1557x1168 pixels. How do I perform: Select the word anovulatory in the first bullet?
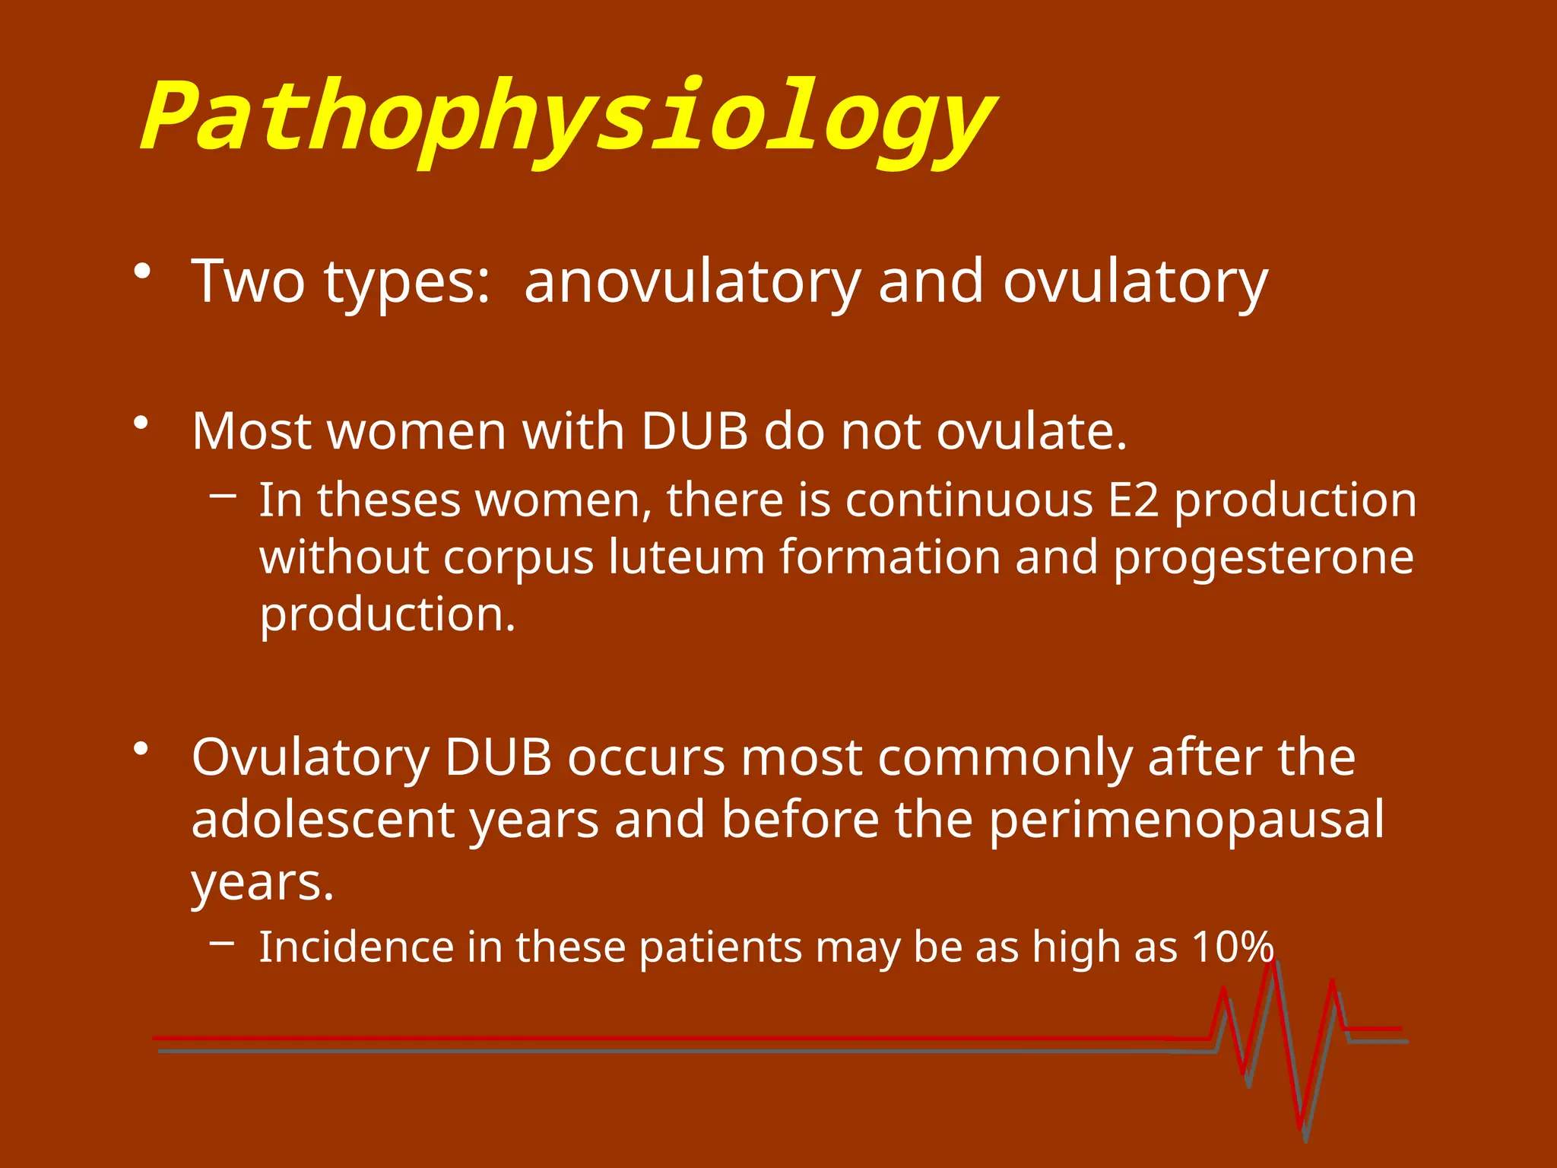[x=692, y=281]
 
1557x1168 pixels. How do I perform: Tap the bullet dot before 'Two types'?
[x=141, y=271]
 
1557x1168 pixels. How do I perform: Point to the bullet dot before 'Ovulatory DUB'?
[x=141, y=749]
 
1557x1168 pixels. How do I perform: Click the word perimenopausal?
[x=1187, y=820]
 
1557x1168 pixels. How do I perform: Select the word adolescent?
[x=323, y=819]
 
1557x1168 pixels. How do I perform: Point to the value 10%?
[x=1232, y=947]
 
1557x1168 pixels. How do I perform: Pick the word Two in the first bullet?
[x=248, y=281]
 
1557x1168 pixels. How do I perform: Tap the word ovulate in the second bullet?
[x=1031, y=431]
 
